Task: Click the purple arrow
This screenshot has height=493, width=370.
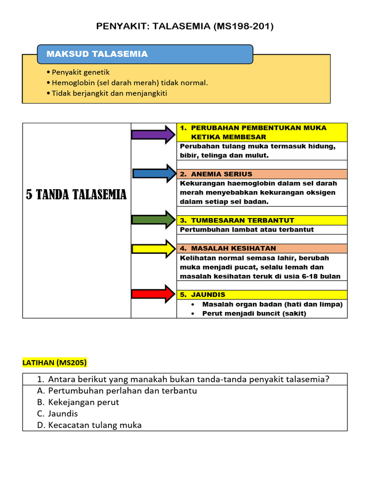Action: click(x=154, y=134)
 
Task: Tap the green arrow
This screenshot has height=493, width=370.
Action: click(x=154, y=220)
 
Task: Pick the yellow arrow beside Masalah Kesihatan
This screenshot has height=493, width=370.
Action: click(x=154, y=248)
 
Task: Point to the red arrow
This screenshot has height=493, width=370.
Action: click(x=154, y=294)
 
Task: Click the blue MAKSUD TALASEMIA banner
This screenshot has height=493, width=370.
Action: click(x=145, y=54)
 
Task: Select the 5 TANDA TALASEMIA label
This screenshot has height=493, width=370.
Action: click(x=76, y=195)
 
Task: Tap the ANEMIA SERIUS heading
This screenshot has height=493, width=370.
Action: click(x=216, y=174)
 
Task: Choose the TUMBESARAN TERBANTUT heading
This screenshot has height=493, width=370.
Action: click(x=237, y=221)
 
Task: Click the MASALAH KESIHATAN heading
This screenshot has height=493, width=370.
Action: click(x=228, y=248)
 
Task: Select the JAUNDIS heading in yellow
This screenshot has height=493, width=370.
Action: click(x=202, y=295)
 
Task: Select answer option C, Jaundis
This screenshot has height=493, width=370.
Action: click(x=57, y=414)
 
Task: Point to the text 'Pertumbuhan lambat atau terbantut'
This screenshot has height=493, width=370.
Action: click(x=247, y=230)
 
